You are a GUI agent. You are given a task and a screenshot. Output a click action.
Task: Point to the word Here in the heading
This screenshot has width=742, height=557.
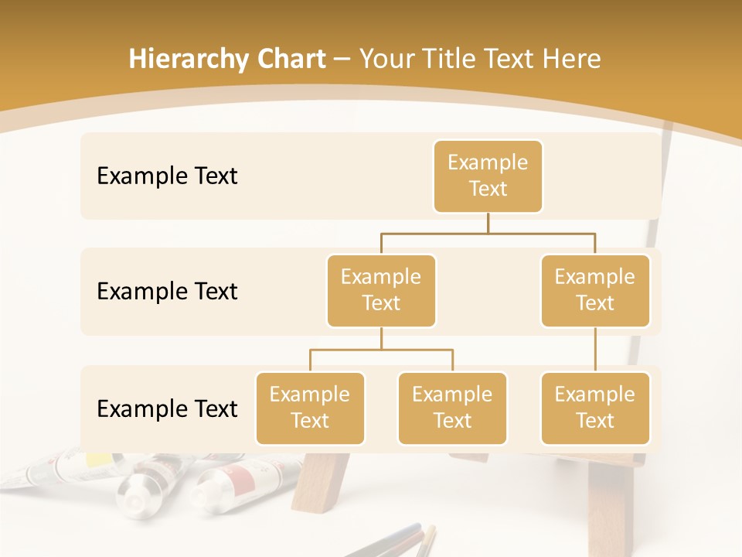tap(570, 59)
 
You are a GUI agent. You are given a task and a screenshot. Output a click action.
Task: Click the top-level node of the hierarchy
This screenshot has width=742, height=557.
tap(488, 176)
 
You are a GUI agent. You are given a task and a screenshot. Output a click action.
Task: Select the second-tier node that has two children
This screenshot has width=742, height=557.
tap(381, 290)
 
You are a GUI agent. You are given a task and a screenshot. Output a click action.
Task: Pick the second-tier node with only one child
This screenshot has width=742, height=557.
tap(595, 290)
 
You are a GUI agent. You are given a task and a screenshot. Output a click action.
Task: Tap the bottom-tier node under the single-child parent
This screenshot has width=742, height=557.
tap(595, 408)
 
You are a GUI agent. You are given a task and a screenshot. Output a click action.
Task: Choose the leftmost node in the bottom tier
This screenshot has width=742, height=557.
tap(310, 408)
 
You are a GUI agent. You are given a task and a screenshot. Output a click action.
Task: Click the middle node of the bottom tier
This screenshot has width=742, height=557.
tap(452, 408)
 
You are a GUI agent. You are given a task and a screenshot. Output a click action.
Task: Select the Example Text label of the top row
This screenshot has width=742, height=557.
tap(167, 176)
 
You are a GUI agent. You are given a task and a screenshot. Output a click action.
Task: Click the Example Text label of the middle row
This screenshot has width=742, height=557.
tap(167, 291)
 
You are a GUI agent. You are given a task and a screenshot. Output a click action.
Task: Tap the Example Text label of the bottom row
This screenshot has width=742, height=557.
tap(167, 408)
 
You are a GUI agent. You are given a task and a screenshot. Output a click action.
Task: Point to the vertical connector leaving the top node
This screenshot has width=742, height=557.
tap(488, 223)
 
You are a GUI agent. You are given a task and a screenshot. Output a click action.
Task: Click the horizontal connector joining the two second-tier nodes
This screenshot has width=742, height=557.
tap(488, 233)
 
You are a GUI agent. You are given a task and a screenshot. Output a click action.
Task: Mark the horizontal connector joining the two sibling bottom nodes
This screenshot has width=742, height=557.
tap(381, 350)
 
